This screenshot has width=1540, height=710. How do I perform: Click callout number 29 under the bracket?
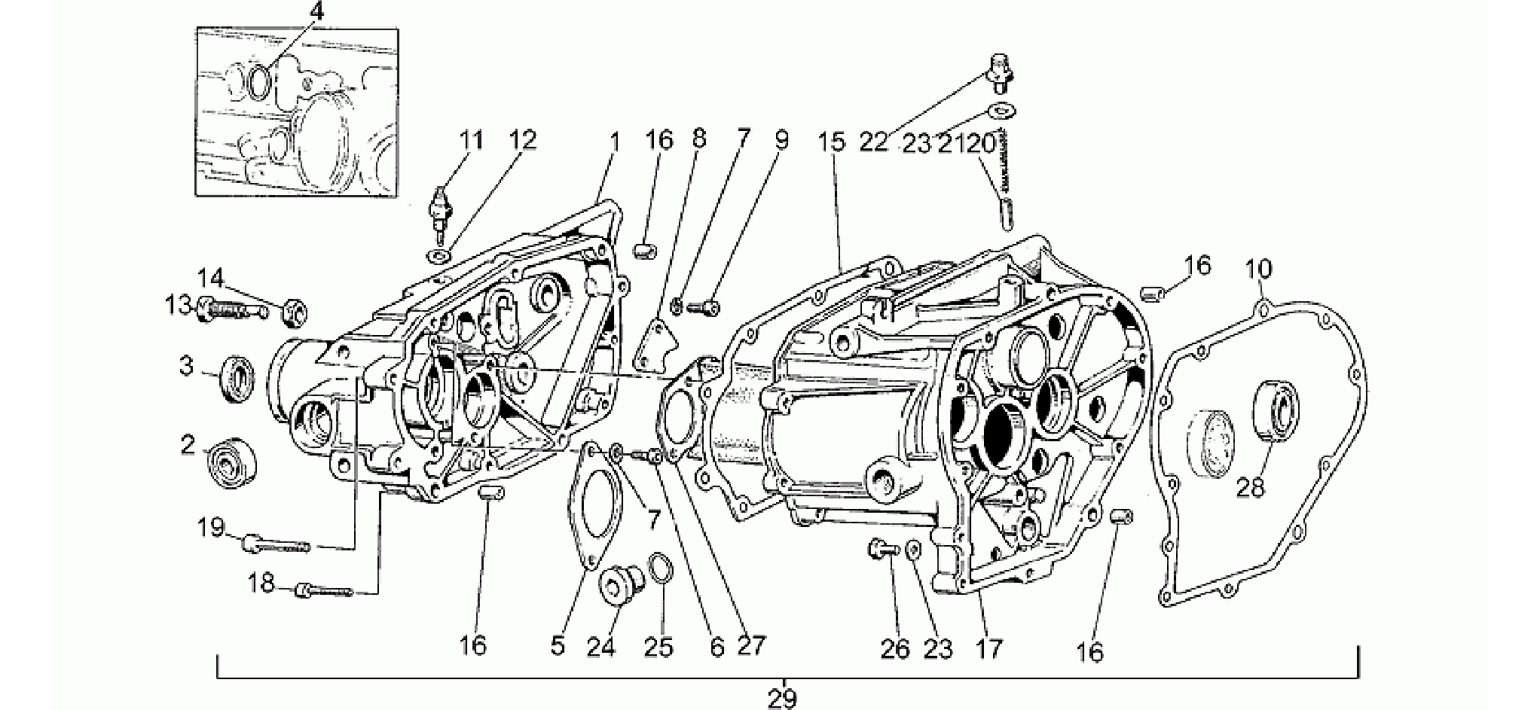pos(783,698)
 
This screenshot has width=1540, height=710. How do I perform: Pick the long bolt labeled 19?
pos(276,543)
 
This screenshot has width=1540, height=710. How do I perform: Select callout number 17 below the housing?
pos(988,648)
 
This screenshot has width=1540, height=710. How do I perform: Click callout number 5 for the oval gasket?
pos(558,647)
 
